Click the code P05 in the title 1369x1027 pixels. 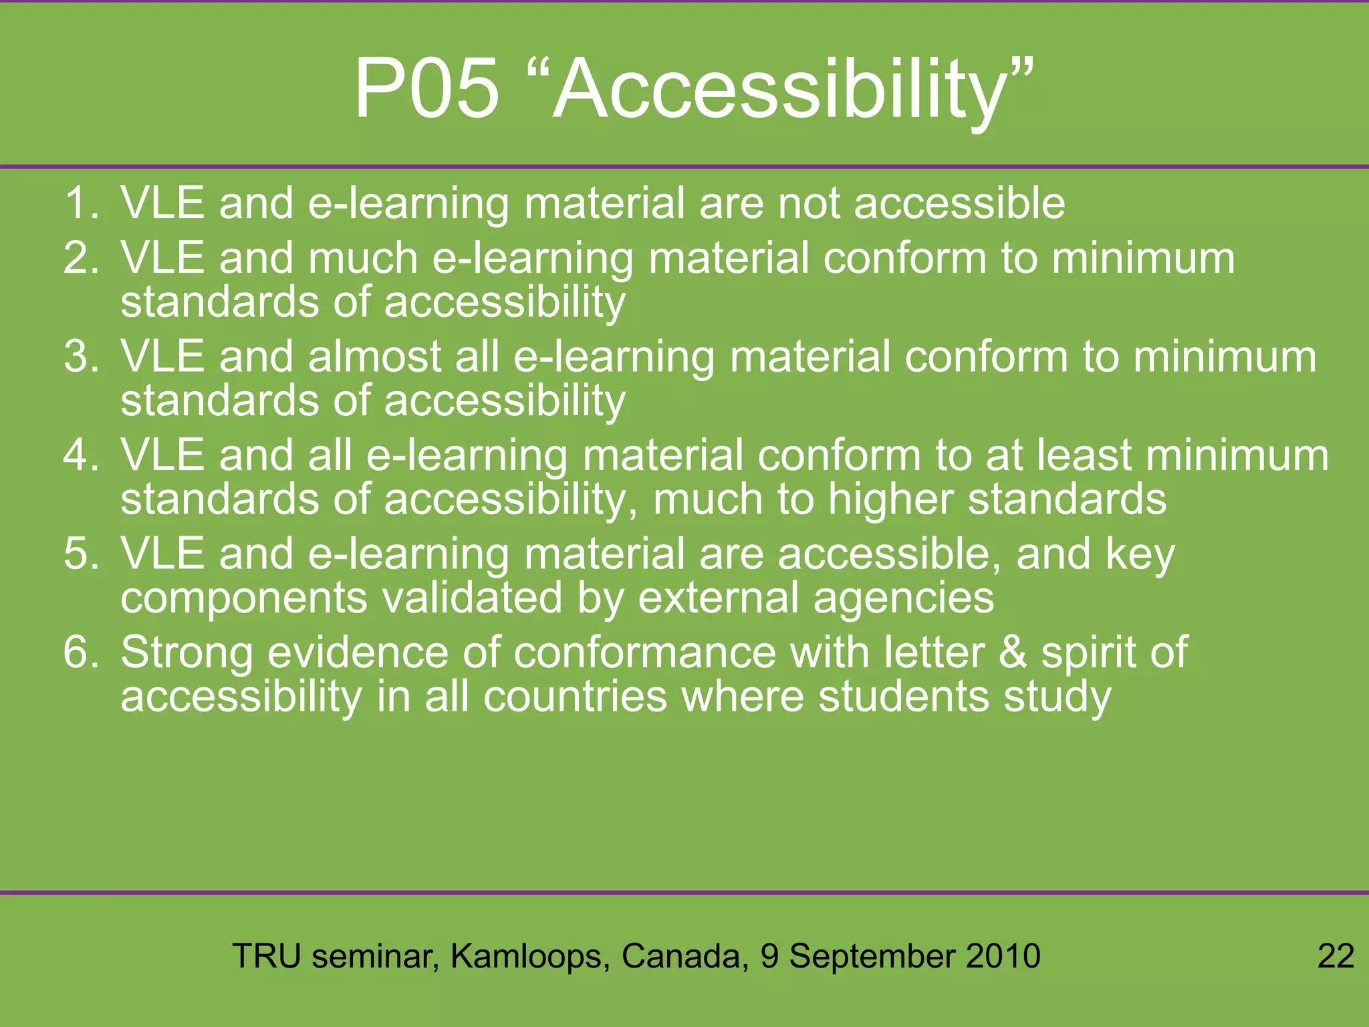click(x=426, y=89)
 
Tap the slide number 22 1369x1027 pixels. click(x=1336, y=955)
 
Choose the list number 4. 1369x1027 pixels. click(x=81, y=455)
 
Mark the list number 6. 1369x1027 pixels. click(x=81, y=652)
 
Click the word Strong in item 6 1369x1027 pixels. click(x=186, y=653)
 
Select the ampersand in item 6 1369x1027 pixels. click(x=1013, y=652)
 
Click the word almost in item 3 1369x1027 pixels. click(x=374, y=356)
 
